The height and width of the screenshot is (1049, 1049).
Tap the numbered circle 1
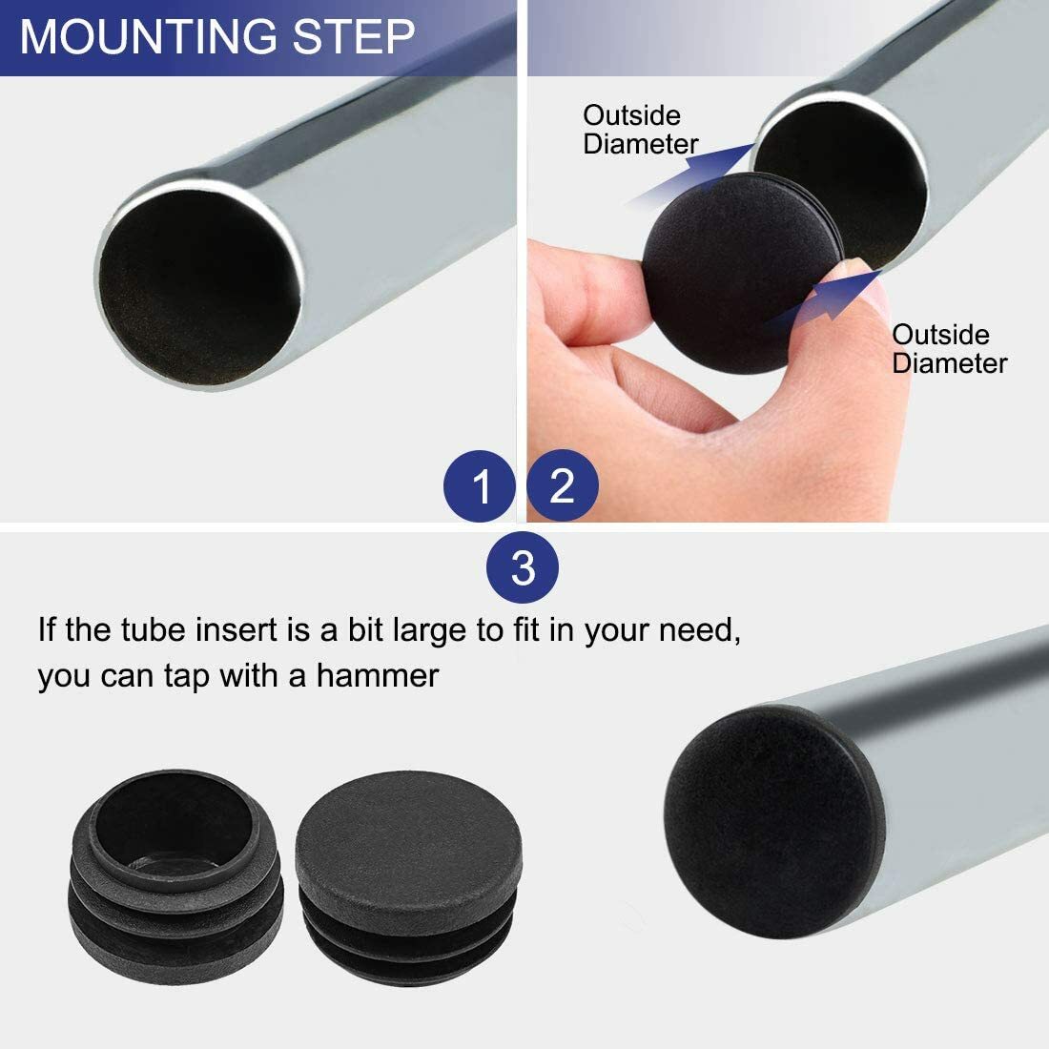(x=482, y=486)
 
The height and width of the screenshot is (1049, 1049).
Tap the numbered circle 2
(x=562, y=485)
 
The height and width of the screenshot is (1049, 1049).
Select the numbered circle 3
(x=523, y=568)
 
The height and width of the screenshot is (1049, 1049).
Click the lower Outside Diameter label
(x=949, y=349)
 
